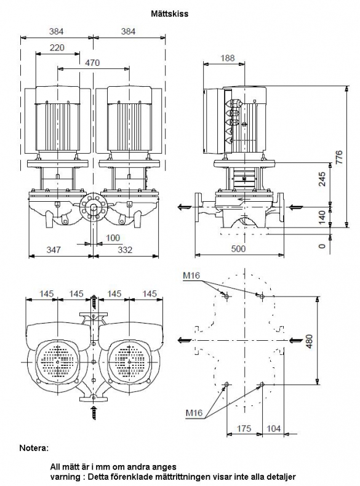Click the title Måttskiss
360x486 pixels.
pos(170,14)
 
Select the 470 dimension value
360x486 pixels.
pos(92,63)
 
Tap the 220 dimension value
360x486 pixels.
pos(57,47)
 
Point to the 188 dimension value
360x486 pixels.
pos(228,58)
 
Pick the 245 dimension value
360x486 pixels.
pos(322,179)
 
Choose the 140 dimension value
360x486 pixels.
pos(322,217)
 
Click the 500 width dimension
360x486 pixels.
pos(238,249)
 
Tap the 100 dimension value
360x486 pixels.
pos(113,237)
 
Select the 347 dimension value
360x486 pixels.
pos(54,250)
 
